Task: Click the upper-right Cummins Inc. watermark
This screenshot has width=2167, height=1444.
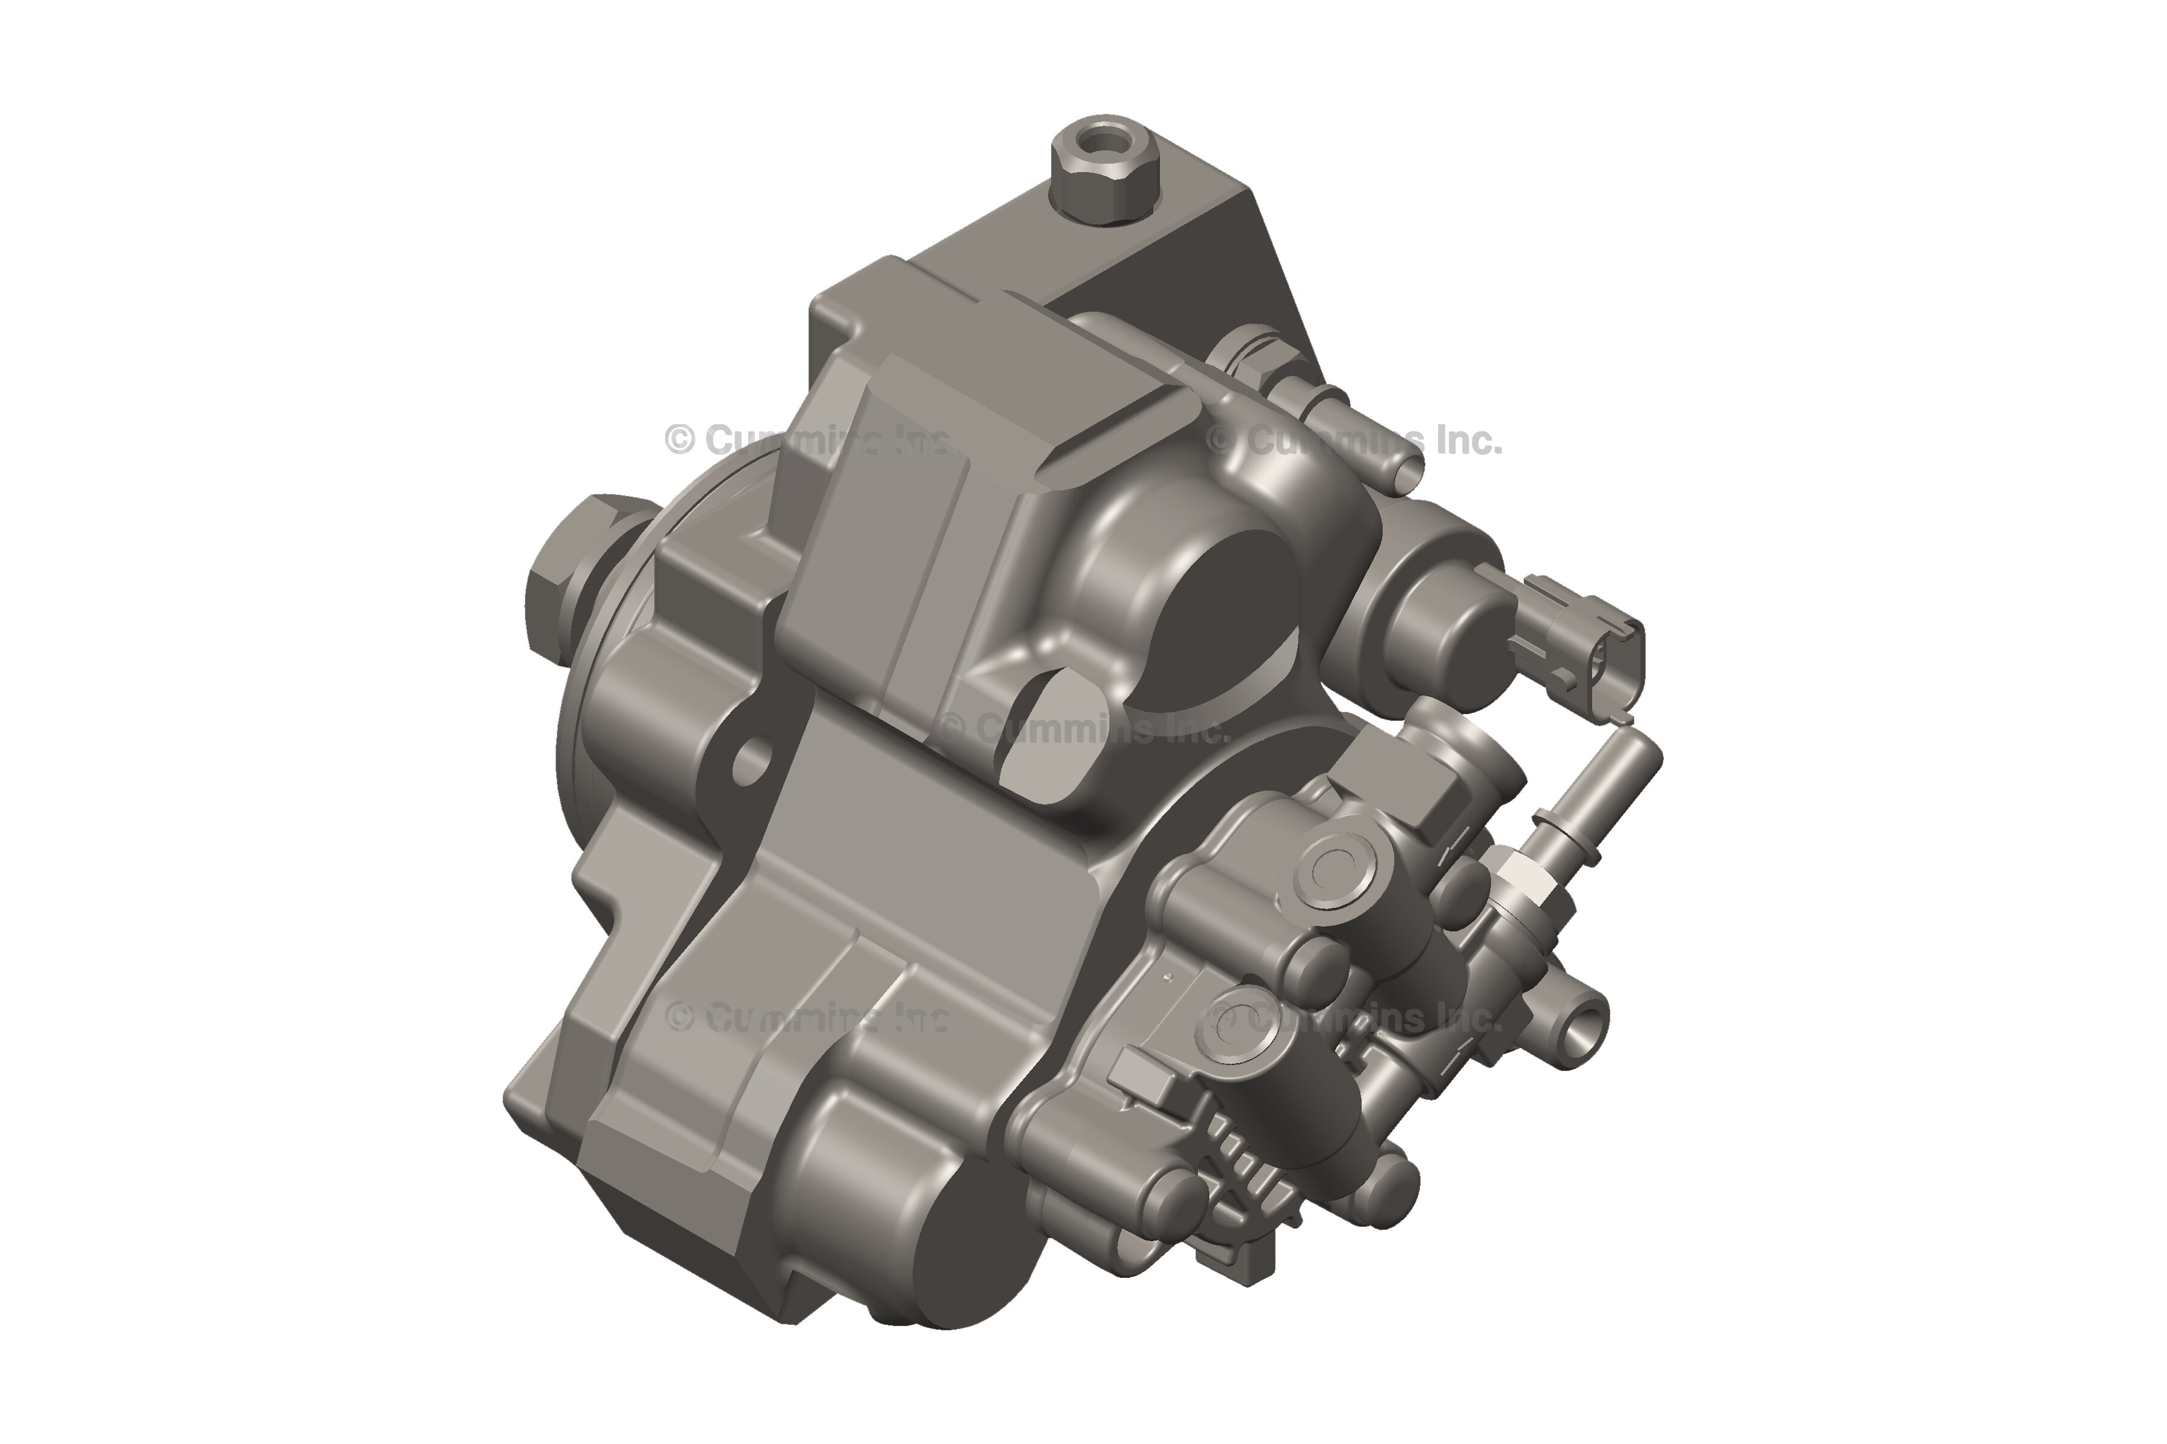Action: (x=1354, y=441)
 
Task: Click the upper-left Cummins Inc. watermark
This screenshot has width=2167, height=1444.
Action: (x=806, y=440)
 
